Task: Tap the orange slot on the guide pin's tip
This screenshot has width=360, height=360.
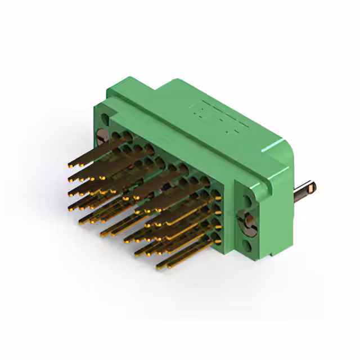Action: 312,186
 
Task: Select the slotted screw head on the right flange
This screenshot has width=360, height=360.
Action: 248,222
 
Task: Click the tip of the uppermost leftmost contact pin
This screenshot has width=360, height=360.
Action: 71,165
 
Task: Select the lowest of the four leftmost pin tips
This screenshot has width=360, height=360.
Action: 72,209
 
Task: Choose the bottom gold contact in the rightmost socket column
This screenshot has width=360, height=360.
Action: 216,241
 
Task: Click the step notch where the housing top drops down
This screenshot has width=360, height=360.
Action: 159,90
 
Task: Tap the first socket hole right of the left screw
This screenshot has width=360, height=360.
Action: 115,136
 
